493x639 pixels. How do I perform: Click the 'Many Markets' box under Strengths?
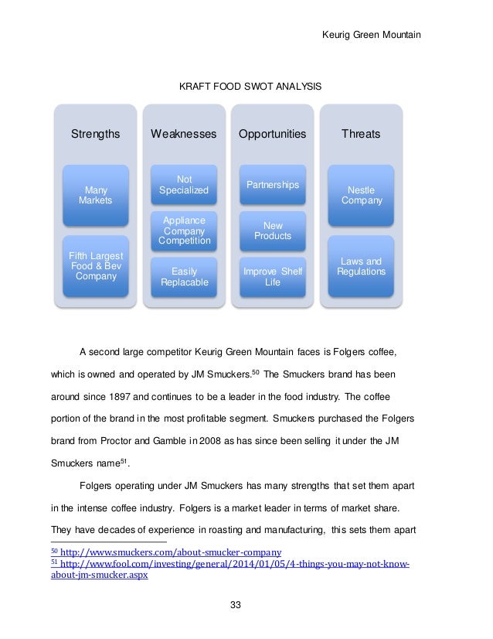95,195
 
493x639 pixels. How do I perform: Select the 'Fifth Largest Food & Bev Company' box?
95,265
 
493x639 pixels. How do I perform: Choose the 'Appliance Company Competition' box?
183,230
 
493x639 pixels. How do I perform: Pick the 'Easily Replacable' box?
183,276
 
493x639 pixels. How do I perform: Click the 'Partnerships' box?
272,186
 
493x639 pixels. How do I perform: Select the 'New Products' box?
272,231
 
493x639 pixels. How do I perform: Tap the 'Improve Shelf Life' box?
272,276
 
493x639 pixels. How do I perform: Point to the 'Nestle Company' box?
360,195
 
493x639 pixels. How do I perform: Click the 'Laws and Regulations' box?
360,267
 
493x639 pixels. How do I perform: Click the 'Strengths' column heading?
95,134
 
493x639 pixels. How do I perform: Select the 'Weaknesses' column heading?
183,134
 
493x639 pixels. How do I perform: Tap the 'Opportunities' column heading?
272,134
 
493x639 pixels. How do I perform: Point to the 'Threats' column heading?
360,134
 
